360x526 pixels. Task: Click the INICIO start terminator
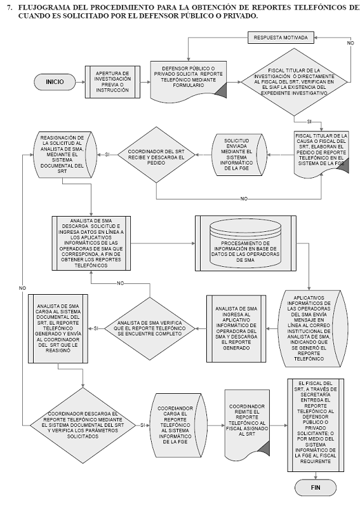coord(55,82)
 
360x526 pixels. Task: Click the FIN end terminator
coord(316,487)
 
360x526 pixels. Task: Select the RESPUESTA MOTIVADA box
coord(281,37)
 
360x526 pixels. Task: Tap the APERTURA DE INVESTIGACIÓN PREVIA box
coord(112,82)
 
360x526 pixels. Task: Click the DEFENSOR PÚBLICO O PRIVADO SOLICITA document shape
coord(189,81)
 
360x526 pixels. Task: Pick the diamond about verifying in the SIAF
coord(295,82)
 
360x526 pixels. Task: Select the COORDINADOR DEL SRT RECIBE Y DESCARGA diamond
coord(156,154)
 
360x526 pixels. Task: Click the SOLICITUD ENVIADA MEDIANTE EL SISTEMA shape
coord(239,154)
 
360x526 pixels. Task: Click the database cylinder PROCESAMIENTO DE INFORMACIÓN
coord(245,243)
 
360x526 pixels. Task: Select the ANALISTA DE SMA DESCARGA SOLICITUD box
coord(91,243)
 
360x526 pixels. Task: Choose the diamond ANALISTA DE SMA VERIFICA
coord(150,328)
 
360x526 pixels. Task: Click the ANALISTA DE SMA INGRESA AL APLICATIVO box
coord(236,328)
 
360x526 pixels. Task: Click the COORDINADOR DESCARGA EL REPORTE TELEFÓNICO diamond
coord(83,426)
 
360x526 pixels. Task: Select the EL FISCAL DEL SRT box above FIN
coord(316,426)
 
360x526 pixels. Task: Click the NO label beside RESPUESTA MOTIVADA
coord(350,43)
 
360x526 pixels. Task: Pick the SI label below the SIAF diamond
coord(309,122)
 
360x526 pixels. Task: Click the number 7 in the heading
coord(9,8)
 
